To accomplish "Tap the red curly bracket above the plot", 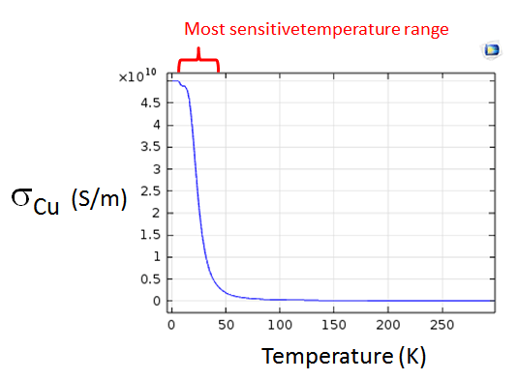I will (198, 65).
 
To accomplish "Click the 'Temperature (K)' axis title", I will (344, 356).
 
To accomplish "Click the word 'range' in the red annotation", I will (426, 29).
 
